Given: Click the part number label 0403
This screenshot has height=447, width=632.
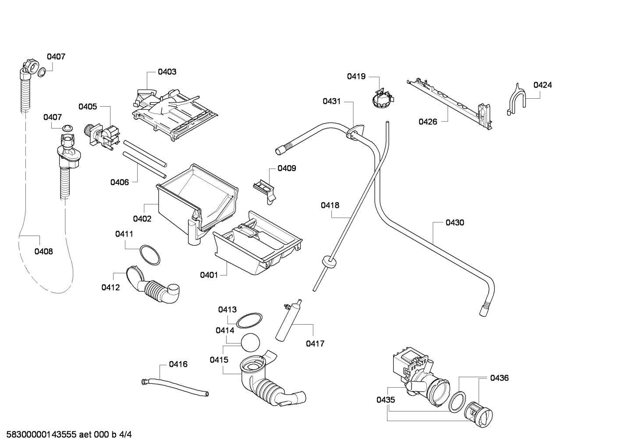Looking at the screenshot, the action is pyautogui.click(x=167, y=72).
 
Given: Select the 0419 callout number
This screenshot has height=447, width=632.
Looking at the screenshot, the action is pyautogui.click(x=356, y=76).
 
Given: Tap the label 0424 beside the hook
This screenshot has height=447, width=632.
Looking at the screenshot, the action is pyautogui.click(x=543, y=85).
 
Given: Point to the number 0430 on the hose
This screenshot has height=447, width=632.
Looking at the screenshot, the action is pyautogui.click(x=455, y=222).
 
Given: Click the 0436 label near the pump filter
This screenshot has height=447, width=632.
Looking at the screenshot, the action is pyautogui.click(x=499, y=378).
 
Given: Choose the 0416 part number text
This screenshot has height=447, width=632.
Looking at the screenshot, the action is pyautogui.click(x=178, y=364).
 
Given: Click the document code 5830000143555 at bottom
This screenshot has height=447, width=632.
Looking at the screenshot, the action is pyautogui.click(x=41, y=435).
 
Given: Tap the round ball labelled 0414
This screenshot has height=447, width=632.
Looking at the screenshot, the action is pyautogui.click(x=250, y=343).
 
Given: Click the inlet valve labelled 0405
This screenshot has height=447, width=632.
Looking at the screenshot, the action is pyautogui.click(x=102, y=136).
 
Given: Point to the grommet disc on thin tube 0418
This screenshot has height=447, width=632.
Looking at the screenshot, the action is pyautogui.click(x=329, y=262).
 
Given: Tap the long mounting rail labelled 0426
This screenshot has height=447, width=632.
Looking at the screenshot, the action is pyautogui.click(x=449, y=104).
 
